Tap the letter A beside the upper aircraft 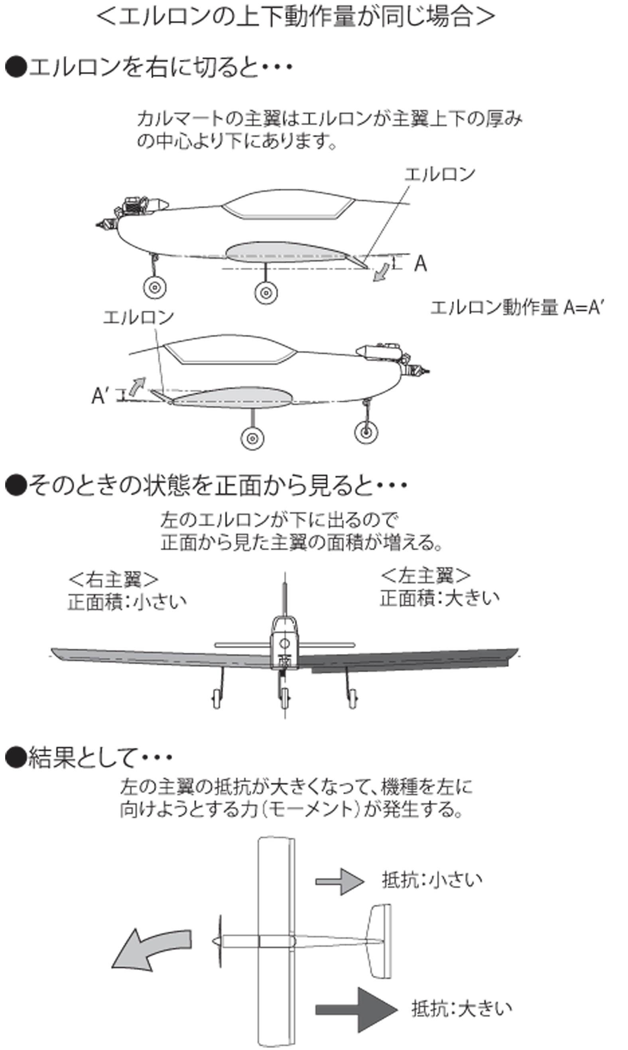click(420, 264)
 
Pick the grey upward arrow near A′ click(137, 387)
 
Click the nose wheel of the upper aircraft click(155, 288)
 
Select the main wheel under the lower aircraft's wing click(253, 438)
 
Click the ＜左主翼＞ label click(425, 575)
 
